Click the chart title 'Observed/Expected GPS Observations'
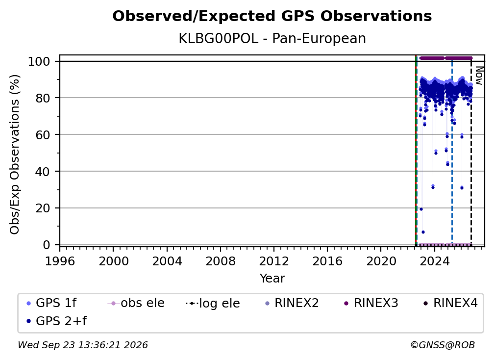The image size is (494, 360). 272,16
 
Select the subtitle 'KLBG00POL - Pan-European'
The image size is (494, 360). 272,39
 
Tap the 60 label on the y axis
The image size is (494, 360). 43,135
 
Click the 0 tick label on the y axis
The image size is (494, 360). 47,245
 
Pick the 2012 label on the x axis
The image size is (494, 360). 274,261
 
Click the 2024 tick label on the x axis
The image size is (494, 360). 434,261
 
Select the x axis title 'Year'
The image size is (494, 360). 272,279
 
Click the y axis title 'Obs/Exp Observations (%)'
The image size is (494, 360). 15,154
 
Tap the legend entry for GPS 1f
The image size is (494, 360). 51,303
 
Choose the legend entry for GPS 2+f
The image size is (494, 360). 57,321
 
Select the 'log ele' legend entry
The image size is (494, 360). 213,303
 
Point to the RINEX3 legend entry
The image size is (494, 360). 371,303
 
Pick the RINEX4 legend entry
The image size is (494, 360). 450,303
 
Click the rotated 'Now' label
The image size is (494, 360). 479,76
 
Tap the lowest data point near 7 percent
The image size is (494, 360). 423,232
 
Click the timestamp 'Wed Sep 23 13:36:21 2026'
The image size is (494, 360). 83,345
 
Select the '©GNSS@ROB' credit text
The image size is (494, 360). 443,345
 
